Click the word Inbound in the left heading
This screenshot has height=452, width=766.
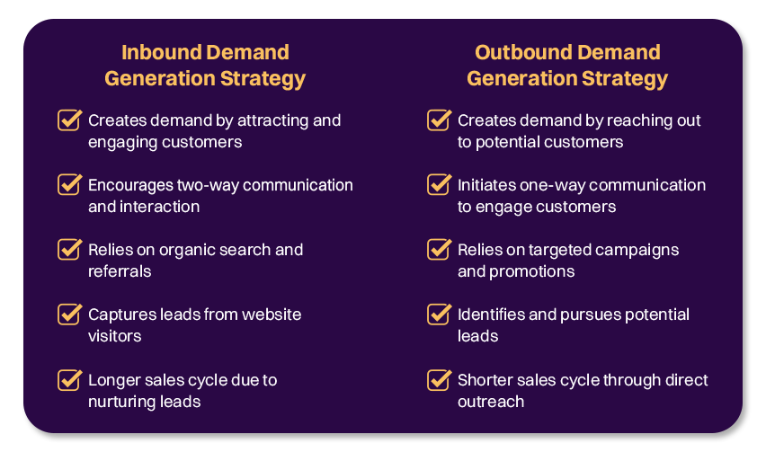[x=159, y=52]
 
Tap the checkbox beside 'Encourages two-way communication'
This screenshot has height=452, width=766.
[x=69, y=184]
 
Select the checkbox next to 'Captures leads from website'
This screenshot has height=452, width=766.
[x=69, y=314]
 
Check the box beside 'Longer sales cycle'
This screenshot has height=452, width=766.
[x=69, y=379]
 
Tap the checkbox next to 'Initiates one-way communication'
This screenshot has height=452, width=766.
[x=439, y=184]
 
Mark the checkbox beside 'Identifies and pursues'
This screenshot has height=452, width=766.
[x=439, y=314]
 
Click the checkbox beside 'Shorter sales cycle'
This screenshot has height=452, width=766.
[x=439, y=379]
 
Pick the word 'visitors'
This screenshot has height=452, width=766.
[x=114, y=336]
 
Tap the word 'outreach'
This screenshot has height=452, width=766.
[x=490, y=402]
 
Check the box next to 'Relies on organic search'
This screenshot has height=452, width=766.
[x=69, y=249]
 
